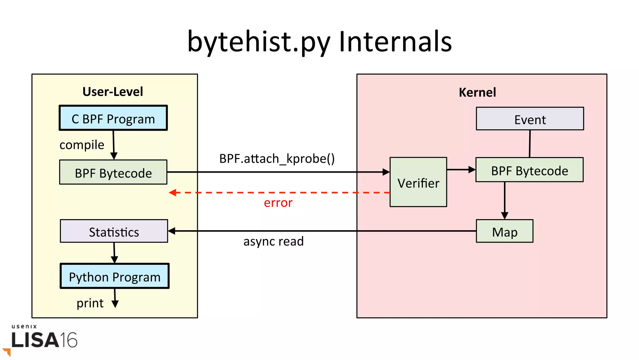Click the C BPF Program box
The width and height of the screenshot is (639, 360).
coord(113,118)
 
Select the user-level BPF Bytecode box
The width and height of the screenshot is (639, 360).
coord(113,172)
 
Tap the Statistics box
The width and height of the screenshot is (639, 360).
coord(114,231)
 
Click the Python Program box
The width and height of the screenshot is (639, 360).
coord(115,276)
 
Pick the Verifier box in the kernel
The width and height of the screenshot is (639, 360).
coord(418,182)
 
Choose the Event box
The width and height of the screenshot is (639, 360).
coord(529,119)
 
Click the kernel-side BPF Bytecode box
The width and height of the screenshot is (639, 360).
coord(529,170)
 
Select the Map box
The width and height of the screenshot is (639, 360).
coord(504,231)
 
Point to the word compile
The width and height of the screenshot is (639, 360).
coord(82,145)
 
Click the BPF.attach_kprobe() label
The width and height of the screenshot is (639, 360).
coord(277,159)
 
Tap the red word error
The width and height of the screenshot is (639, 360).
coord(278,203)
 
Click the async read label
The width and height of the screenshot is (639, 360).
coord(273,241)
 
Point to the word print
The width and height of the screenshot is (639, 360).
coord(90,303)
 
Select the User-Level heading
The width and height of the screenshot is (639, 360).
coord(113,92)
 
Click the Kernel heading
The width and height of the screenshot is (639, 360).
coord(477,92)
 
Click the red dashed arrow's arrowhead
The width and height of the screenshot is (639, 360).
coord(173,193)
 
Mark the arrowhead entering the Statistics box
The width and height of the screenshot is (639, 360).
coord(172,231)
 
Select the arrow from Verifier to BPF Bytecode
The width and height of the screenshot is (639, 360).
coord(461,170)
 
